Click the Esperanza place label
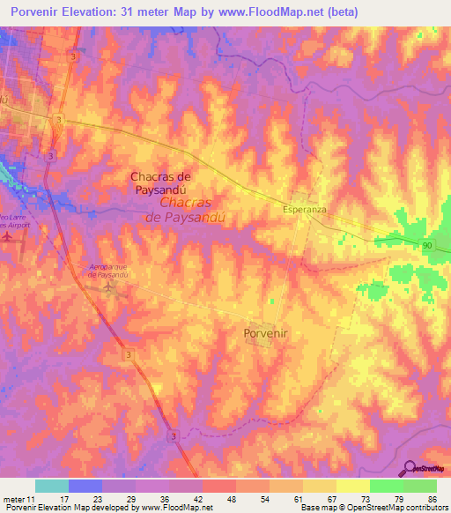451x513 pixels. pyautogui.click(x=305, y=211)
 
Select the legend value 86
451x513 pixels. pyautogui.click(x=432, y=499)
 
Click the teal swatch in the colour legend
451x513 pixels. pyautogui.click(x=51, y=486)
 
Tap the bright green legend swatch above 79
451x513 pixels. pyautogui.click(x=386, y=486)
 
